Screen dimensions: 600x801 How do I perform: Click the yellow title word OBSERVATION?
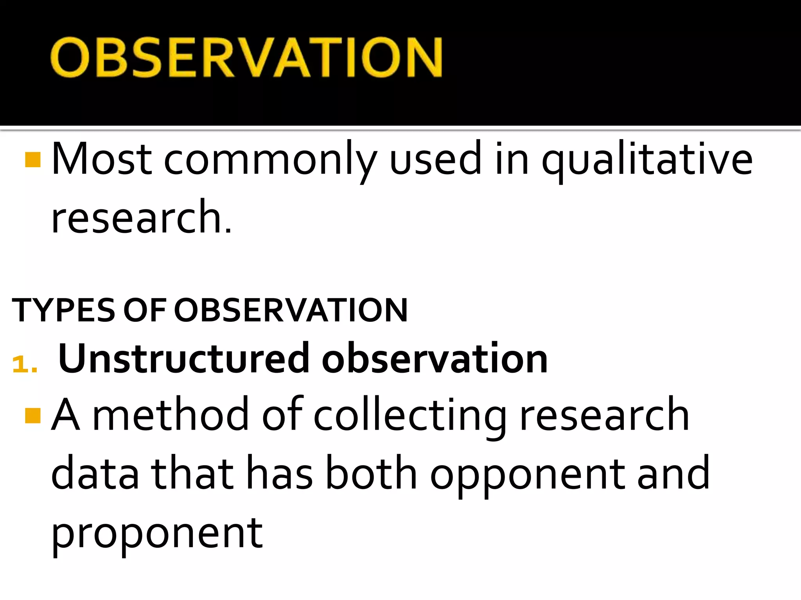pos(246,57)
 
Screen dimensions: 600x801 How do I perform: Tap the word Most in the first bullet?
pos(101,159)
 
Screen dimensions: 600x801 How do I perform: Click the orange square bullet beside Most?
pos(32,159)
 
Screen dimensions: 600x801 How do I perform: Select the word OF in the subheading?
pos(145,310)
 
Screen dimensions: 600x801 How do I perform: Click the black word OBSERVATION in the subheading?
pos(291,310)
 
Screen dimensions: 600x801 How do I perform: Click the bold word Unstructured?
pos(183,358)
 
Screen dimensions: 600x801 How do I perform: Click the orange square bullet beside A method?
pos(32,416)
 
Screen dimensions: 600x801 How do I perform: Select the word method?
pos(171,415)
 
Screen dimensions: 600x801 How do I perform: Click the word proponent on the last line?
pos(157,534)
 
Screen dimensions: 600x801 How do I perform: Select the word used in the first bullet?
pos(435,159)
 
